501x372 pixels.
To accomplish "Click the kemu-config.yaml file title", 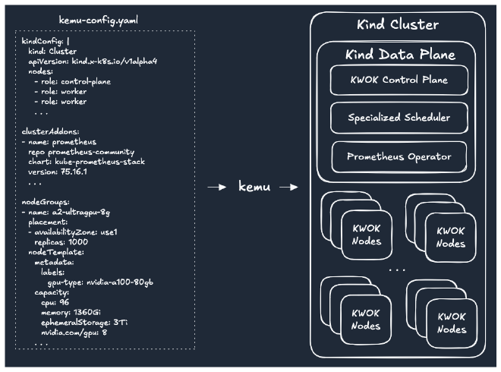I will click(99, 18).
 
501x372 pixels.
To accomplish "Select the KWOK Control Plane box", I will click(399, 80).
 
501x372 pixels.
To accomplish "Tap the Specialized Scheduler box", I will click(399, 118).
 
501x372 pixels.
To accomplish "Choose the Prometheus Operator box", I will click(399, 156).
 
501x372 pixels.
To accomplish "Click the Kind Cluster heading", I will click(398, 25).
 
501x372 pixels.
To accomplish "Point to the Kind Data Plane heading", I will click(400, 55).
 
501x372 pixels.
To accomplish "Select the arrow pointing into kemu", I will click(218, 187).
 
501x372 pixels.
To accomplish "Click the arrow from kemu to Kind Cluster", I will click(288, 187).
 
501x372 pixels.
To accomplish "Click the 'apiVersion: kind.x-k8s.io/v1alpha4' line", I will click(92, 61).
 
